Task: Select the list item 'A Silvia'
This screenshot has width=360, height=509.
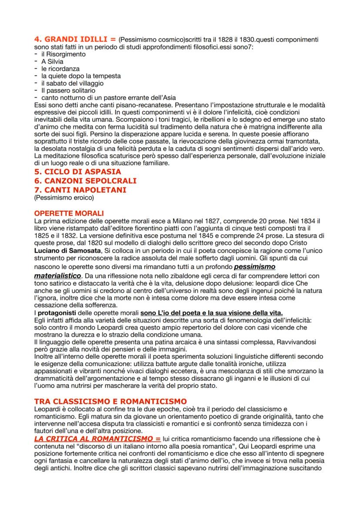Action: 52,62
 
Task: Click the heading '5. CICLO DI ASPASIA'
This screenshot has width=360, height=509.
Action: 77,172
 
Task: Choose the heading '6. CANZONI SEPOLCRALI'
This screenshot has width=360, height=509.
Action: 85,180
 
